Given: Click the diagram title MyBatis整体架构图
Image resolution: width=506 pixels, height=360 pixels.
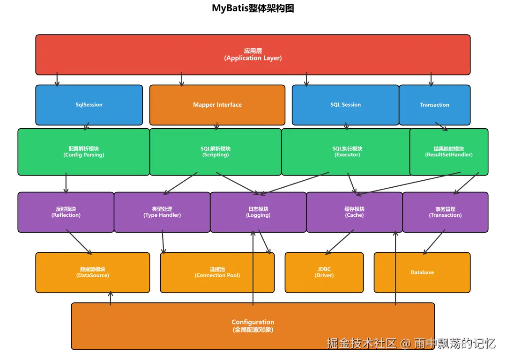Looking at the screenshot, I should (253, 8).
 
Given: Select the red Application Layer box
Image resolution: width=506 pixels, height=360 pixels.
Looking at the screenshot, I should (253, 54).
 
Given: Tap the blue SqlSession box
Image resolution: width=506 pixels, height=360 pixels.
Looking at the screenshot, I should (89, 105).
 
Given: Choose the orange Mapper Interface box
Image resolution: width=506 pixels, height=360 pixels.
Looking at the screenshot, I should (217, 105).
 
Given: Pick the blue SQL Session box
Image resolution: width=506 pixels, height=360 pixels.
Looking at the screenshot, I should (345, 105).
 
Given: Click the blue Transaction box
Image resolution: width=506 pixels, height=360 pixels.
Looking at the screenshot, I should (434, 105).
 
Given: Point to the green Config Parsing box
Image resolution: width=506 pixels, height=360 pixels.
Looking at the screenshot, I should (83, 152).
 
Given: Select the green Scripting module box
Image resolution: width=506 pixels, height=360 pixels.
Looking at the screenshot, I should (216, 152).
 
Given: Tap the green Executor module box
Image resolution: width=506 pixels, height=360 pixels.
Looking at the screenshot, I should (347, 152).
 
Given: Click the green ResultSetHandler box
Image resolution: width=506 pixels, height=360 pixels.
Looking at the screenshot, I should (449, 152).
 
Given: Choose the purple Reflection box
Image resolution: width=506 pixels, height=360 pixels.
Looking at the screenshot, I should (66, 212).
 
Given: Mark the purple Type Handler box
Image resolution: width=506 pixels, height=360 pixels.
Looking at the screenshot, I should (162, 212).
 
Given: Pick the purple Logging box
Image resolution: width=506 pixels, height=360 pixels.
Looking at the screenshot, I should (258, 212).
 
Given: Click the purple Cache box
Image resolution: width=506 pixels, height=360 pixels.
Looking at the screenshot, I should (354, 212).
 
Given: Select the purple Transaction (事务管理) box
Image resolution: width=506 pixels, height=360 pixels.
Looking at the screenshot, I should (445, 212).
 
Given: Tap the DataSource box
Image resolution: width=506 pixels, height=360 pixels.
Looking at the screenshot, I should (92, 272).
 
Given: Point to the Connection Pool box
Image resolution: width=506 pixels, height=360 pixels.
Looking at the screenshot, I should (217, 272).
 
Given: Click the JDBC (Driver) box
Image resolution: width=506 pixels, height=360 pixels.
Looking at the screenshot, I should (324, 272).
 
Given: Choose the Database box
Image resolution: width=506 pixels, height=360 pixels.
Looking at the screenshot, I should (422, 272).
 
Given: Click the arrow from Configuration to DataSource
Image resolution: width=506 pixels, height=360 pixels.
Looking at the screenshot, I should (111, 298).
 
